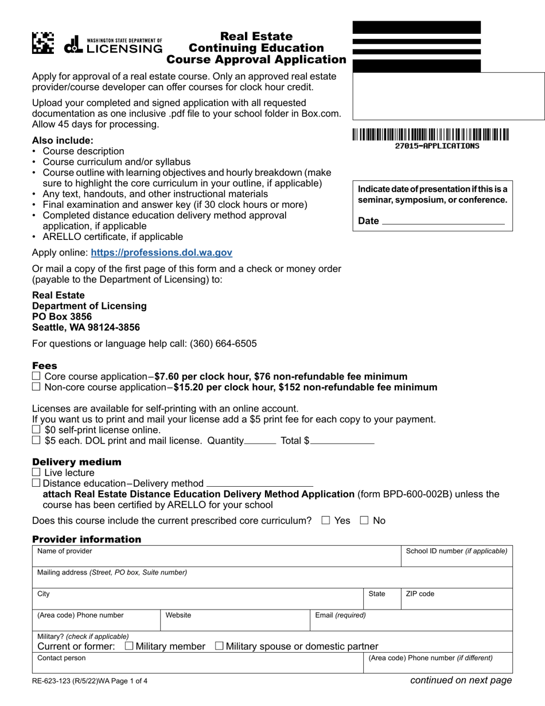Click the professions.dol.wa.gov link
161,252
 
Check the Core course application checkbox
37,376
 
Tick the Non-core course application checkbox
37,387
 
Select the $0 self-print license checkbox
37,429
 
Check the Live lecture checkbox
37,472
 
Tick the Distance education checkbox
37,483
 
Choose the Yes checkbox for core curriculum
326,521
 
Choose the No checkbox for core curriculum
364,521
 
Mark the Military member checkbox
129,646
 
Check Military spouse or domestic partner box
220,646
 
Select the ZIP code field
456,599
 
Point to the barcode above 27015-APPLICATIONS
430,135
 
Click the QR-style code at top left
43,43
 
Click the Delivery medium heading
77,462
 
